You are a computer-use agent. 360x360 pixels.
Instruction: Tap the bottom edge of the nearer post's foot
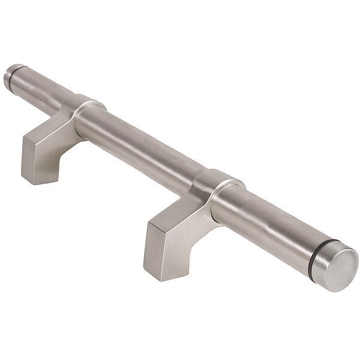pyautogui.click(x=157, y=277)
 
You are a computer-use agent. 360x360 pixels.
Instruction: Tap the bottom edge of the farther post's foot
pyautogui.click(x=33, y=181)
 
